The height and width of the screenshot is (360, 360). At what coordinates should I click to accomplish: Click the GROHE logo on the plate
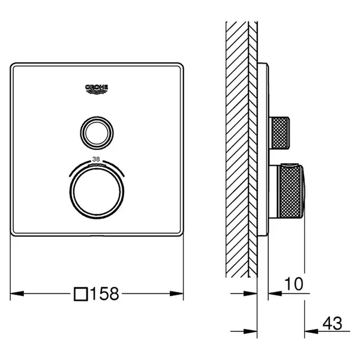coord(97,89)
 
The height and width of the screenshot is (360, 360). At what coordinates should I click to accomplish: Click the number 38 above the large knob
coord(96,159)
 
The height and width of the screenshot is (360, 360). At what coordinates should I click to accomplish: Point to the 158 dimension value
coord(104,293)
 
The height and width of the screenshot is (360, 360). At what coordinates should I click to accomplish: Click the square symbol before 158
coord(81,294)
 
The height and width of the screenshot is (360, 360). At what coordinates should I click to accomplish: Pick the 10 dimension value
coord(294,284)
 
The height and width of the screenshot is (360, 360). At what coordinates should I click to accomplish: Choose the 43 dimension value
coord(332,323)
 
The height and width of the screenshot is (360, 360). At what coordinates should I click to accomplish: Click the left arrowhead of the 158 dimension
coord(17,293)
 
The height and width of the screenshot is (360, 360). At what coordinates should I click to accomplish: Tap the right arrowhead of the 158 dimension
coord(176,293)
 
